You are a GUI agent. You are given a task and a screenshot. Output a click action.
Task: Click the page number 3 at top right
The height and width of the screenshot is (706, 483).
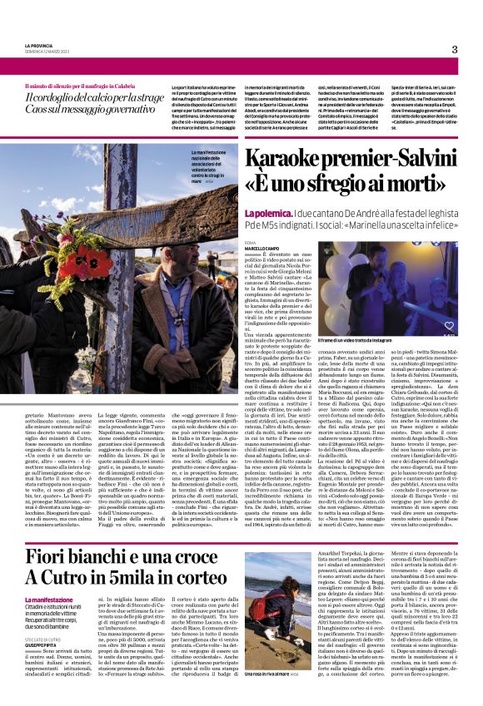(x=455, y=49)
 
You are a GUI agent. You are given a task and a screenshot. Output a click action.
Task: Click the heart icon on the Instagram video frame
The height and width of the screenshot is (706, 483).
(x=449, y=326)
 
